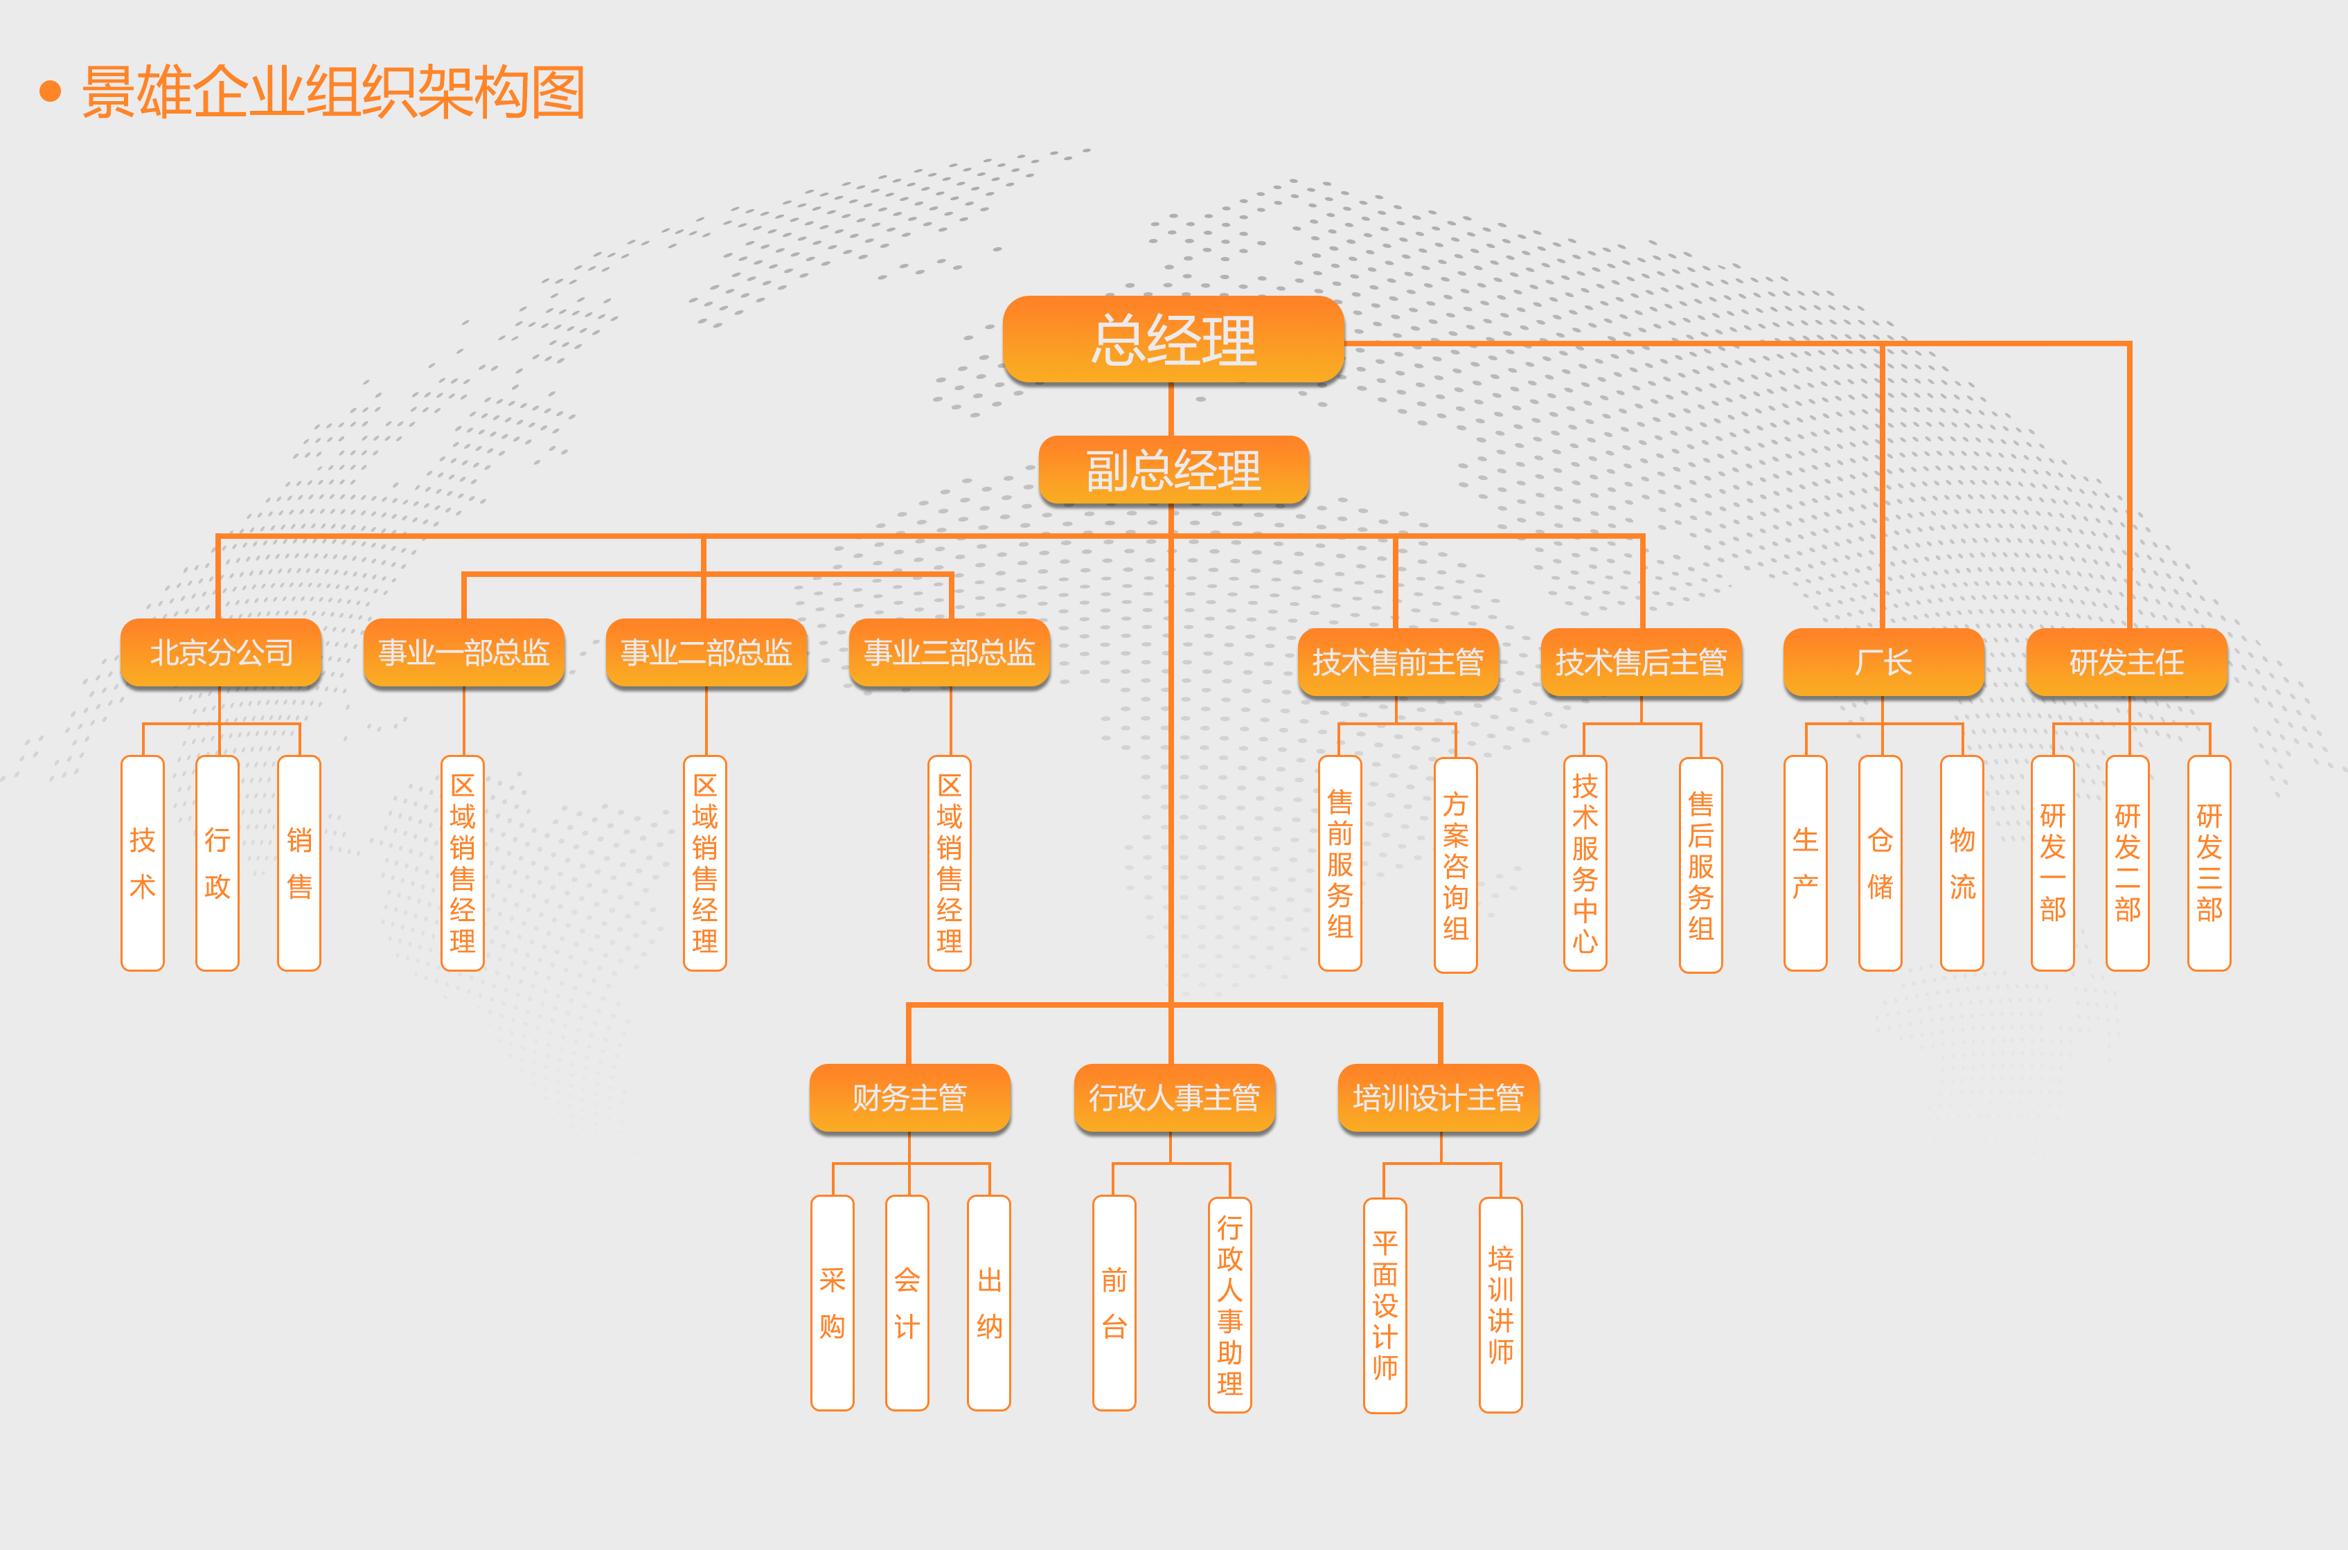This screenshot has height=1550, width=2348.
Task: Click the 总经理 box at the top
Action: (1173, 339)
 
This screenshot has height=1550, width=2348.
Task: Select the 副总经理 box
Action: (1173, 470)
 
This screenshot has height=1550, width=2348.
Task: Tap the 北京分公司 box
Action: (220, 652)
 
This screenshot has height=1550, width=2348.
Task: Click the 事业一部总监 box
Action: (463, 652)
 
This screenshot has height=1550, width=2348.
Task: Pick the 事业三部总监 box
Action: (949, 652)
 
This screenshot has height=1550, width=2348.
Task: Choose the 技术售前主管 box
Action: (1398, 661)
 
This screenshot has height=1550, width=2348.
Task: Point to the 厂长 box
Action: (1883, 661)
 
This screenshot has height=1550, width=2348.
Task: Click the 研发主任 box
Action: (2126, 661)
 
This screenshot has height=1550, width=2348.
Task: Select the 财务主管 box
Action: (909, 1097)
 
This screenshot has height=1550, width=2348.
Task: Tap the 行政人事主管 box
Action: (1173, 1097)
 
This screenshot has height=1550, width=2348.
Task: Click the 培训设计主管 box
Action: (1439, 1097)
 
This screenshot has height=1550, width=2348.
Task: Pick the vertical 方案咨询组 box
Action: (1455, 865)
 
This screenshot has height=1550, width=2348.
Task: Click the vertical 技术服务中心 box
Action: (1585, 863)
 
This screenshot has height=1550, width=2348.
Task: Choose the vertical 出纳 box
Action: (988, 1303)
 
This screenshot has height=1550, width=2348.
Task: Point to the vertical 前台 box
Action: (1114, 1303)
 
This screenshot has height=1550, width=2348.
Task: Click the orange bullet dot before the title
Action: (49, 92)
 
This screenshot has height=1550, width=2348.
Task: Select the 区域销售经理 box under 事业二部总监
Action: (705, 863)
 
